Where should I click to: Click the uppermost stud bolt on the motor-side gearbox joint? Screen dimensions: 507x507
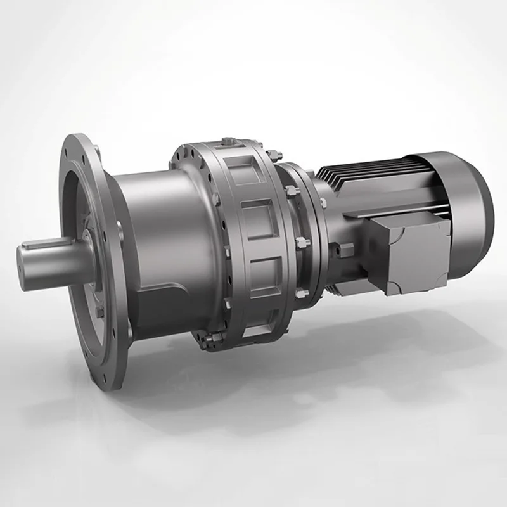click(274, 155)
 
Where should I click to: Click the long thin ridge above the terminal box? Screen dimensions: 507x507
click(387, 212)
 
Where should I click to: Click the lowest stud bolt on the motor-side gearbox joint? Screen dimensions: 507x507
click(300, 293)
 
